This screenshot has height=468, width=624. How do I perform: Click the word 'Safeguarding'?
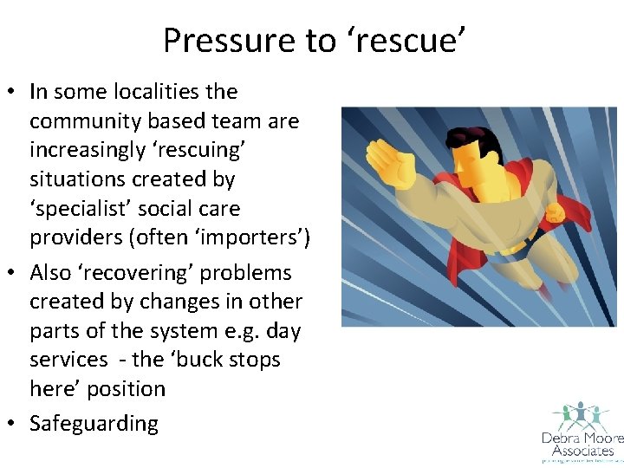tap(94, 423)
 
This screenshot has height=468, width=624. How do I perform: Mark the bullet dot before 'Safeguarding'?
tap(16, 423)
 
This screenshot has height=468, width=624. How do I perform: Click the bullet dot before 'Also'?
tap(16, 272)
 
